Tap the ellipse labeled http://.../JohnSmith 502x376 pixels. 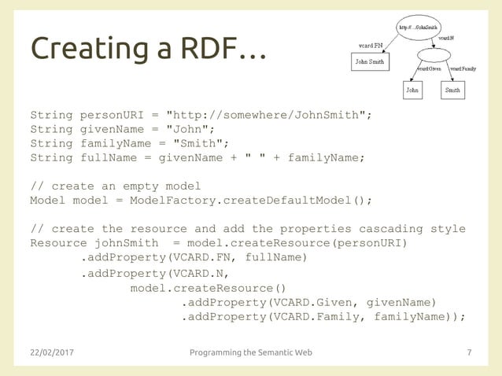click(x=419, y=27)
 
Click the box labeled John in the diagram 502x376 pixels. click(x=412, y=90)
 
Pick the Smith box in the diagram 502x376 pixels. click(x=452, y=90)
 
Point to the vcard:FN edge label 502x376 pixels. click(x=370, y=45)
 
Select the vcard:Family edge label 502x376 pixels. click(x=462, y=69)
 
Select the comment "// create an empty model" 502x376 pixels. click(x=115, y=186)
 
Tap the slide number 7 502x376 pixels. click(x=470, y=352)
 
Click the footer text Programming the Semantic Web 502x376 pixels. click(x=251, y=352)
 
